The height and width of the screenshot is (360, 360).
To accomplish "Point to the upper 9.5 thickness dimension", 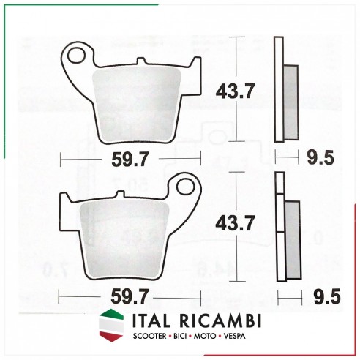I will pos(320,156).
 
